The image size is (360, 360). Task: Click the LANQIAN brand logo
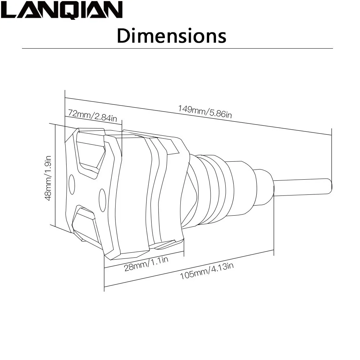click(62, 10)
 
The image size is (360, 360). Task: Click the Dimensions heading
click(171, 36)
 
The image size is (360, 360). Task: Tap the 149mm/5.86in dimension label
click(205, 112)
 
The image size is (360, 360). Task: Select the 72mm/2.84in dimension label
click(93, 116)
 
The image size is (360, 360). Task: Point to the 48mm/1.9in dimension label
click(48, 178)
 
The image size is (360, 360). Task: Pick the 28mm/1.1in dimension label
click(146, 264)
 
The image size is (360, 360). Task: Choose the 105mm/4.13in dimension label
click(207, 271)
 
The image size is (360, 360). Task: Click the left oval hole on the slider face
click(72, 184)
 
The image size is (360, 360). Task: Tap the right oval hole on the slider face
click(102, 201)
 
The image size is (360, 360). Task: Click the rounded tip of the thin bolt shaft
click(330, 186)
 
